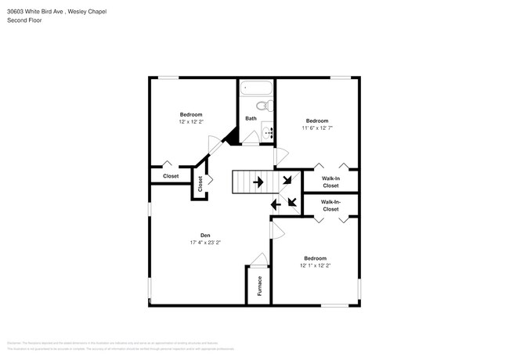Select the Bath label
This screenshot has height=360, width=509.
[251, 119]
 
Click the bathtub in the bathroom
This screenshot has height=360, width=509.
[255, 88]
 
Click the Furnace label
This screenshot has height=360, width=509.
[259, 286]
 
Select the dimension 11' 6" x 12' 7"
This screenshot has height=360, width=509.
[317, 128]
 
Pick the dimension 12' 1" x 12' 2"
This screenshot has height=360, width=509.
[315, 265]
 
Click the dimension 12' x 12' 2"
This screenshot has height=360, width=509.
[191, 121]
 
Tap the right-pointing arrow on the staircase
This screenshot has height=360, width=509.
[258, 183]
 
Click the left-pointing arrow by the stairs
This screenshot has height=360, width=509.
[275, 205]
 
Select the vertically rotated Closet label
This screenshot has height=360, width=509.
[200, 184]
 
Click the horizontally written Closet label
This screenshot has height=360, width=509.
[171, 176]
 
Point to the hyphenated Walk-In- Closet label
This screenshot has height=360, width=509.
[330, 206]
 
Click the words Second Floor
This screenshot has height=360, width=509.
[24, 20]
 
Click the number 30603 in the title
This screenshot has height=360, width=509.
[16, 12]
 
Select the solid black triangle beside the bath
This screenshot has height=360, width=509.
[231, 137]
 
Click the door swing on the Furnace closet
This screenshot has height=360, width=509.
[259, 260]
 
